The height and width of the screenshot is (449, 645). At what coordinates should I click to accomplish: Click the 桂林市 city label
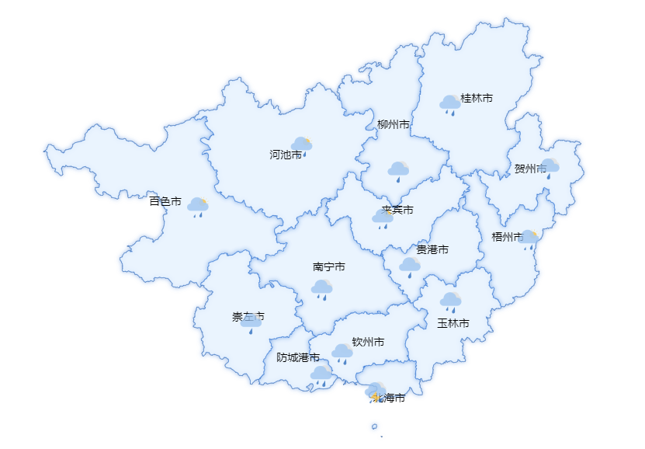click(x=477, y=98)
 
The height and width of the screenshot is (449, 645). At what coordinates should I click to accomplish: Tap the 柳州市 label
click(x=393, y=124)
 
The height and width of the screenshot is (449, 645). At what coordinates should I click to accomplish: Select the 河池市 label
click(x=285, y=155)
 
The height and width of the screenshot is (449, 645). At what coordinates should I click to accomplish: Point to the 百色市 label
click(x=165, y=201)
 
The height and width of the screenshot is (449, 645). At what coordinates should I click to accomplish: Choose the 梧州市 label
click(x=508, y=236)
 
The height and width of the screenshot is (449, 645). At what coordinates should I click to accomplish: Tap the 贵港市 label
click(x=432, y=249)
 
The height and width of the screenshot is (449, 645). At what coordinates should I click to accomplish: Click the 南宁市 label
click(x=329, y=266)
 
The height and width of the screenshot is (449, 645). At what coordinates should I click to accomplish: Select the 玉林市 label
click(x=453, y=322)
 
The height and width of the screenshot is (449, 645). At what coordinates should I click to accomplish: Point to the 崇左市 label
click(x=248, y=316)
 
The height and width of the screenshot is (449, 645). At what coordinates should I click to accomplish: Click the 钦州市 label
click(x=368, y=342)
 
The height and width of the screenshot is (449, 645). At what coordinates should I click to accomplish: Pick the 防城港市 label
click(x=298, y=357)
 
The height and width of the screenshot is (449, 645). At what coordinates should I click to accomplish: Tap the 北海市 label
click(x=390, y=398)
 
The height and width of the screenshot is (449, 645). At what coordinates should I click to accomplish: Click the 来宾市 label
click(x=397, y=210)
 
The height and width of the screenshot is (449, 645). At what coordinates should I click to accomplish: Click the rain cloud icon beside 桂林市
click(x=449, y=104)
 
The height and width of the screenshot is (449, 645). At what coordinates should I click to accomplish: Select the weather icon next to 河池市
click(x=302, y=145)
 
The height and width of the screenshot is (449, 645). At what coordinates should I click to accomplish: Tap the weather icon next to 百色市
click(x=198, y=207)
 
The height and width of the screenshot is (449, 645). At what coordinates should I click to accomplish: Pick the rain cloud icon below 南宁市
click(x=322, y=289)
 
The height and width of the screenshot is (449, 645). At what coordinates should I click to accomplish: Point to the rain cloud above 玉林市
click(x=450, y=301)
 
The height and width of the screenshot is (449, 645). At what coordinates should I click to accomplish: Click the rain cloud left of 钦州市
click(x=342, y=353)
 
